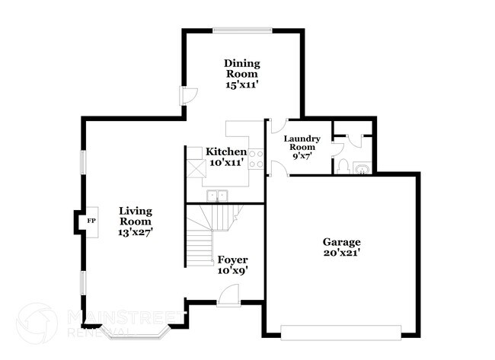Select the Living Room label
[136, 215]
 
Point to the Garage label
[341, 242]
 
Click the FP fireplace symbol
[91, 221]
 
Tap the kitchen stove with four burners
[256, 158]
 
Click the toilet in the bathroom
[343, 166]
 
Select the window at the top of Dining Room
[242, 30]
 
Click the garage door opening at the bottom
[340, 330]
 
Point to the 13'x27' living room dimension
[136, 233]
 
